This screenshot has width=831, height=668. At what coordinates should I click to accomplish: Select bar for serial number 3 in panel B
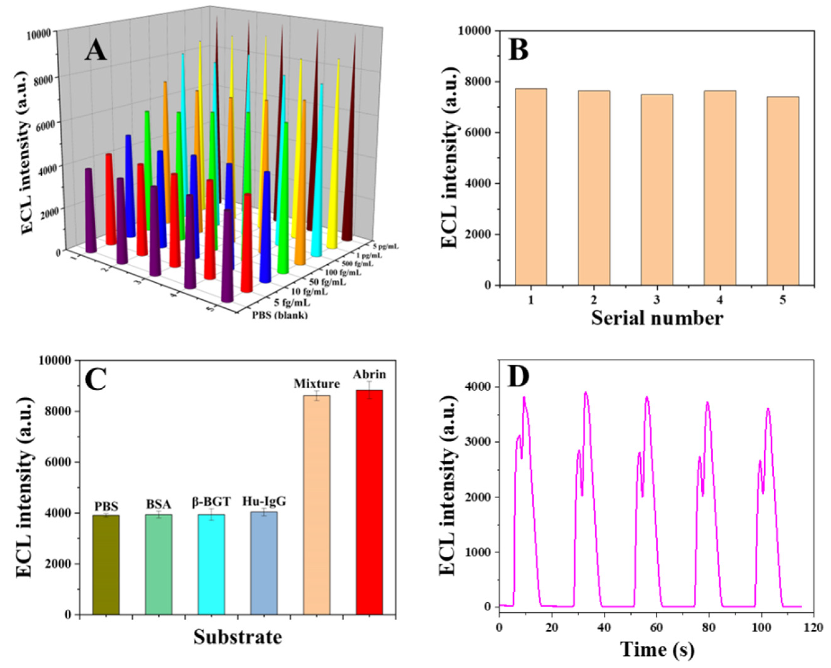(x=657, y=190)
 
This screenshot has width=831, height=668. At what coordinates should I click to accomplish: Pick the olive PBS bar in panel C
(x=106, y=565)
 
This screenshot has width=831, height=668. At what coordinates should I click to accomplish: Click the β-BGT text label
(x=211, y=502)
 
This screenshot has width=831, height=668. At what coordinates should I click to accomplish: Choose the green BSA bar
(x=158, y=564)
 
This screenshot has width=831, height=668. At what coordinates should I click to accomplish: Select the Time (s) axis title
(x=657, y=650)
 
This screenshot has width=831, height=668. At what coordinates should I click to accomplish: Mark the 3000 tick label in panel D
(x=480, y=442)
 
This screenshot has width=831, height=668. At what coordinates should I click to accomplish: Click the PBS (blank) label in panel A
(x=280, y=315)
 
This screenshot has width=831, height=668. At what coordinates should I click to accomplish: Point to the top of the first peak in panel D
(x=524, y=397)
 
